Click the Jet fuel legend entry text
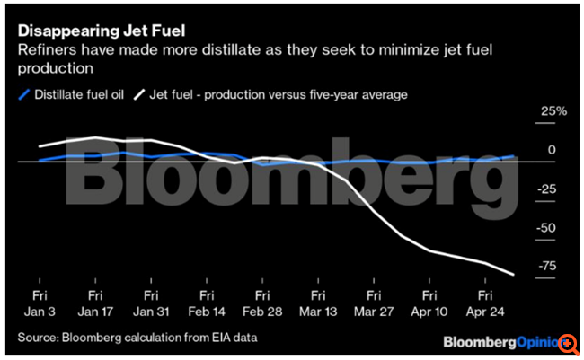pos(279,93)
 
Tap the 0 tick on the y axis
pos(553,151)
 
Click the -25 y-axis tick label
pos(548,189)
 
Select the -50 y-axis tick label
pos(548,228)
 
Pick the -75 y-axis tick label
pos(548,266)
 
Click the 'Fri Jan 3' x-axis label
pos(40,303)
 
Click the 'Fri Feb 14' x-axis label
pos(206,303)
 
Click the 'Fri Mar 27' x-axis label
pos(373,303)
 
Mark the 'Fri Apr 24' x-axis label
pos(483,303)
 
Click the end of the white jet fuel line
pos(513,275)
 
